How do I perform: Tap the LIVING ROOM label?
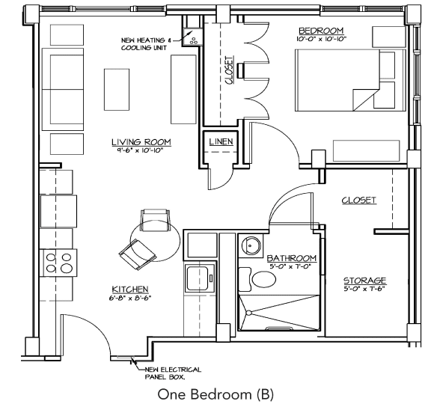(141, 142)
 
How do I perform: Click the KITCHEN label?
(129, 290)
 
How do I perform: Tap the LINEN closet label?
(221, 141)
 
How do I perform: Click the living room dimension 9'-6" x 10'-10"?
(141, 150)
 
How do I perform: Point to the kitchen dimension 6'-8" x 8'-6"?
(130, 298)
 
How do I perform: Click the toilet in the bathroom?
(263, 280)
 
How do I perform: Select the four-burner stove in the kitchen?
(59, 262)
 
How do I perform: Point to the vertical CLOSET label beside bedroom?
(229, 70)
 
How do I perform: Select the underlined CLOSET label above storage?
(358, 201)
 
